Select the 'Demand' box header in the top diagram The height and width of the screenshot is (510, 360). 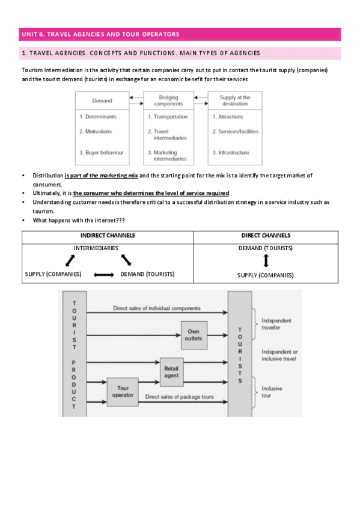[x=102, y=100]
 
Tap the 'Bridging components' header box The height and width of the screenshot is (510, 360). [x=168, y=100]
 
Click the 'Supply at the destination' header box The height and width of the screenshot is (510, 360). [x=235, y=100]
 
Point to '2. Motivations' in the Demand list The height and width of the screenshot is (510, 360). [x=96, y=131]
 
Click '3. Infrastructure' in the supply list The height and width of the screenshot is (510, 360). [x=231, y=153]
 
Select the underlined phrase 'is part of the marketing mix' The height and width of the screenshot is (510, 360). [x=101, y=175]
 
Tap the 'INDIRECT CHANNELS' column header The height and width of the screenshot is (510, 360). [x=108, y=236]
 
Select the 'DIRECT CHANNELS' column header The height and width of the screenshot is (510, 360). [x=266, y=236]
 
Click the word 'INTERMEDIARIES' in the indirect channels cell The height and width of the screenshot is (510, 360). [x=96, y=248]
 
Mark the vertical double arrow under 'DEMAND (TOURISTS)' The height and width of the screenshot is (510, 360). [x=266, y=261]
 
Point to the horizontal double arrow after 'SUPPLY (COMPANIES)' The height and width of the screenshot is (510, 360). [x=103, y=275]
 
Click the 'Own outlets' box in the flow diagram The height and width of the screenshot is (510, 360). [x=194, y=335]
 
